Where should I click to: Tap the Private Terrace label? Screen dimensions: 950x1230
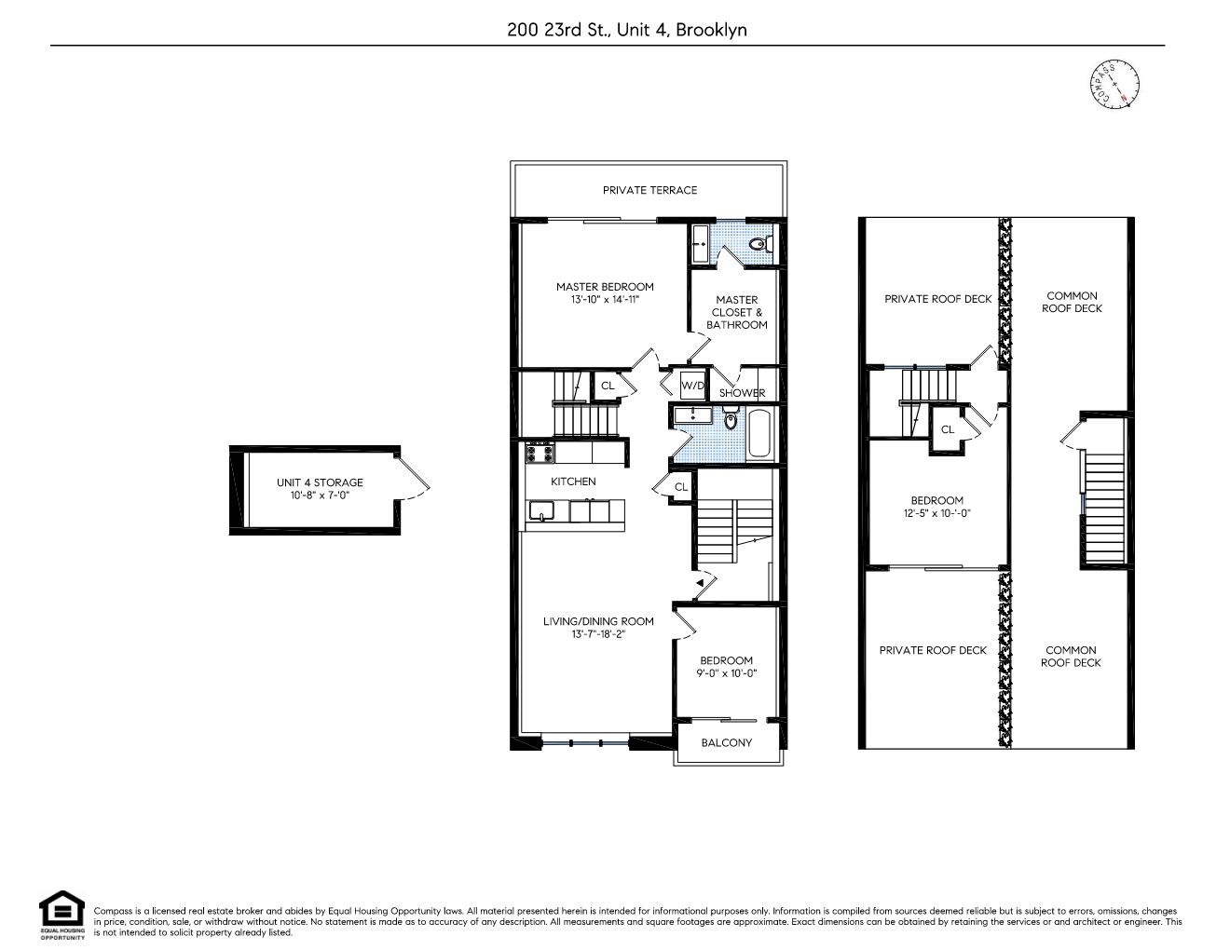[649, 190]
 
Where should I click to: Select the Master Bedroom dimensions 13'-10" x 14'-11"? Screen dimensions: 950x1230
[605, 300]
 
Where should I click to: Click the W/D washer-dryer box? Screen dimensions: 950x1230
[692, 386]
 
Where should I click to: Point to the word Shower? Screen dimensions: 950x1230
[742, 393]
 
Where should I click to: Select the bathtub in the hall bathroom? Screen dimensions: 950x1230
[759, 433]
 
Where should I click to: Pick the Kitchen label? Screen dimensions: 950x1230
[573, 482]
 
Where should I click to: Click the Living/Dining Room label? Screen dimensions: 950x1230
[598, 621]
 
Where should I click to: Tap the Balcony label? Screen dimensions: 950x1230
[726, 742]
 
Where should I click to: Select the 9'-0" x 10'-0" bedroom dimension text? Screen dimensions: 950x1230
[726, 673]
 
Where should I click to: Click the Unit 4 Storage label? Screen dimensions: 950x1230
[320, 482]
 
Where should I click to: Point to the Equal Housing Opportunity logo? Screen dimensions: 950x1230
[61, 915]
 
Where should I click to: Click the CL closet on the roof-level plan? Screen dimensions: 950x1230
[948, 429]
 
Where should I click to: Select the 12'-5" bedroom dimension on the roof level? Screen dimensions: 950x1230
[936, 513]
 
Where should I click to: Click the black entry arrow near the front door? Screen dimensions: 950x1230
[700, 583]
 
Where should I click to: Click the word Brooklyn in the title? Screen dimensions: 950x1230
[711, 30]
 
